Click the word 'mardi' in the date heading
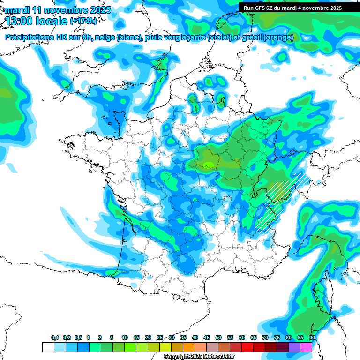click(18, 10)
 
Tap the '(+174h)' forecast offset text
click(83, 21)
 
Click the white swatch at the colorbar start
click(48, 347)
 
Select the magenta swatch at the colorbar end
click(307, 347)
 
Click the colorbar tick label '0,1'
click(55, 338)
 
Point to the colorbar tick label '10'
click(125, 338)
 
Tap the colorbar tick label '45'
click(207, 338)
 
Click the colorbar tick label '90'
click(312, 338)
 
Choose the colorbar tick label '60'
click(242, 338)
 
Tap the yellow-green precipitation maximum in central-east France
click(209, 165)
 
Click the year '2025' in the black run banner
click(334, 8)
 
